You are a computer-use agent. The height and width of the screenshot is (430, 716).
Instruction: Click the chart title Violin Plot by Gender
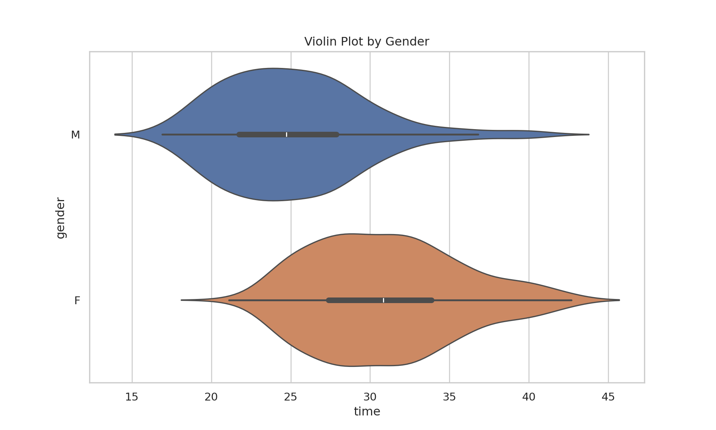[x=367, y=41]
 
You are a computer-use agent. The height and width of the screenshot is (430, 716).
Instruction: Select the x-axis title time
[x=367, y=411]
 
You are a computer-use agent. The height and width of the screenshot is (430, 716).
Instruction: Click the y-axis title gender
[x=60, y=218]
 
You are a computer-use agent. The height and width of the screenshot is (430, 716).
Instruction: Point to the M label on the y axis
[x=75, y=135]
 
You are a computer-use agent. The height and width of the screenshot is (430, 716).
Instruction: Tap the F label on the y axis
[x=77, y=300]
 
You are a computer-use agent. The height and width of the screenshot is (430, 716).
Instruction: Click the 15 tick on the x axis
[x=132, y=397]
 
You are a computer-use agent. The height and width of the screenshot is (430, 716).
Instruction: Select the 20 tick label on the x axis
[x=211, y=397]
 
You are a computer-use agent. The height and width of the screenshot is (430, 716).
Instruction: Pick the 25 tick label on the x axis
[x=291, y=397]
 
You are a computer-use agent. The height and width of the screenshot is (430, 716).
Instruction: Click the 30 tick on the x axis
[x=370, y=397]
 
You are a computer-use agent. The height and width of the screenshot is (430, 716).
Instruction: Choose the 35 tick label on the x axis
[x=449, y=397]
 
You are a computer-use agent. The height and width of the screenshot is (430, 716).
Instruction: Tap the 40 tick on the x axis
[x=529, y=397]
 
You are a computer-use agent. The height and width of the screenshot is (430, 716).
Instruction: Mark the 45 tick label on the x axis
[x=608, y=397]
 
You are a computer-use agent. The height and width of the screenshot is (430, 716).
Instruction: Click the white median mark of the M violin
[x=286, y=134]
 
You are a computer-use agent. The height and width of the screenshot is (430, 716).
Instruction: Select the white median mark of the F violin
[x=383, y=300]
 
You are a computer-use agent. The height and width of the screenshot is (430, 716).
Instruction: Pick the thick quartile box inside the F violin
[x=354, y=300]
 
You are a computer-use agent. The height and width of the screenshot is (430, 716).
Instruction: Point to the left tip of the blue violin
[x=116, y=134]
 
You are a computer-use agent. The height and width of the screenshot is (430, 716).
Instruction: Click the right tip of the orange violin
[x=619, y=300]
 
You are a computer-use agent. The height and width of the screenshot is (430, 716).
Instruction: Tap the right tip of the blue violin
[x=588, y=134]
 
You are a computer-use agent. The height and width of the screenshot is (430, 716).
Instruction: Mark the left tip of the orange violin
[x=182, y=300]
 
